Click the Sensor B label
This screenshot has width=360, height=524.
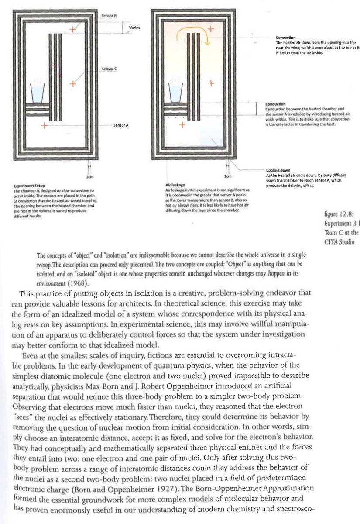pyautogui.click(x=107, y=15)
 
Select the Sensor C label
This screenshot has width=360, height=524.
pyautogui.click(x=107, y=69)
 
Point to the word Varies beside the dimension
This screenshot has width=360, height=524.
pyautogui.click(x=134, y=28)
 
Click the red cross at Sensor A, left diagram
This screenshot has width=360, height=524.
pyautogui.click(x=44, y=125)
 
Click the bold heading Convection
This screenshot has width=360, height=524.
pyautogui.click(x=286, y=38)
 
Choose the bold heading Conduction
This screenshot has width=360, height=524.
pyautogui.click(x=275, y=104)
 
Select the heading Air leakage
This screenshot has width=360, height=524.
pyautogui.click(x=174, y=186)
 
